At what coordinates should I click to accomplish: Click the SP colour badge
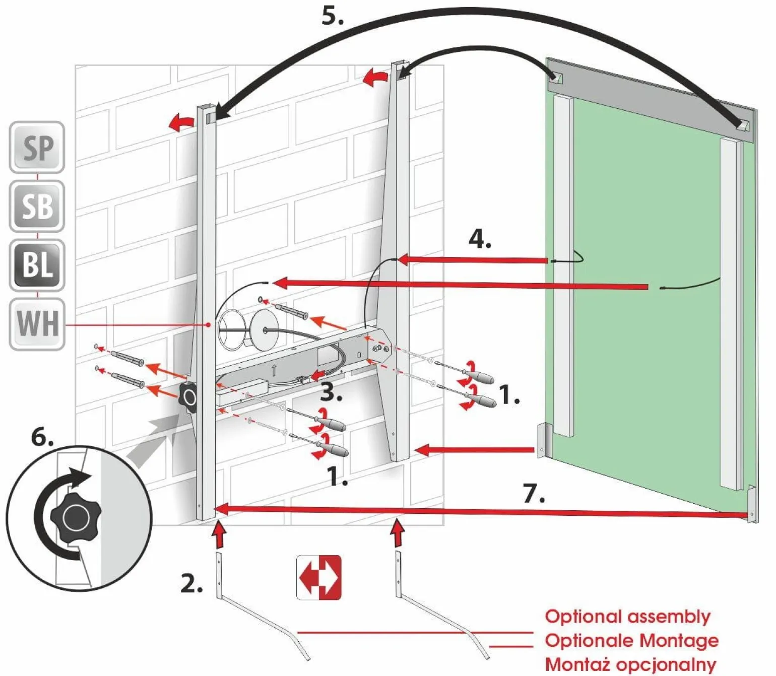click(37, 147)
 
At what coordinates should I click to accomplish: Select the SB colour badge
click(37, 206)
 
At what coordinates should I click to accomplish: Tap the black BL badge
click(37, 264)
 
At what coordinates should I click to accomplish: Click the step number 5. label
click(333, 16)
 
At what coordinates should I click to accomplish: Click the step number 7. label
click(534, 494)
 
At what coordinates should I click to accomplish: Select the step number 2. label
click(191, 583)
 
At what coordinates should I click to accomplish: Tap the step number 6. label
click(42, 436)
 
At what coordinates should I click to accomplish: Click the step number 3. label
click(331, 392)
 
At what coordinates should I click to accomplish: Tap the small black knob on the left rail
click(189, 397)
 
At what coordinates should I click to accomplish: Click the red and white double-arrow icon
click(319, 577)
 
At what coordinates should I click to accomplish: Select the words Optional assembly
click(627, 616)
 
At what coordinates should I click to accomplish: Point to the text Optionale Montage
click(631, 640)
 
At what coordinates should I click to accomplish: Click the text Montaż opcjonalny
click(630, 664)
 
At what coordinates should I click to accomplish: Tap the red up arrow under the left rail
click(218, 535)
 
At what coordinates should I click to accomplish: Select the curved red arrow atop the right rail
click(375, 78)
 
